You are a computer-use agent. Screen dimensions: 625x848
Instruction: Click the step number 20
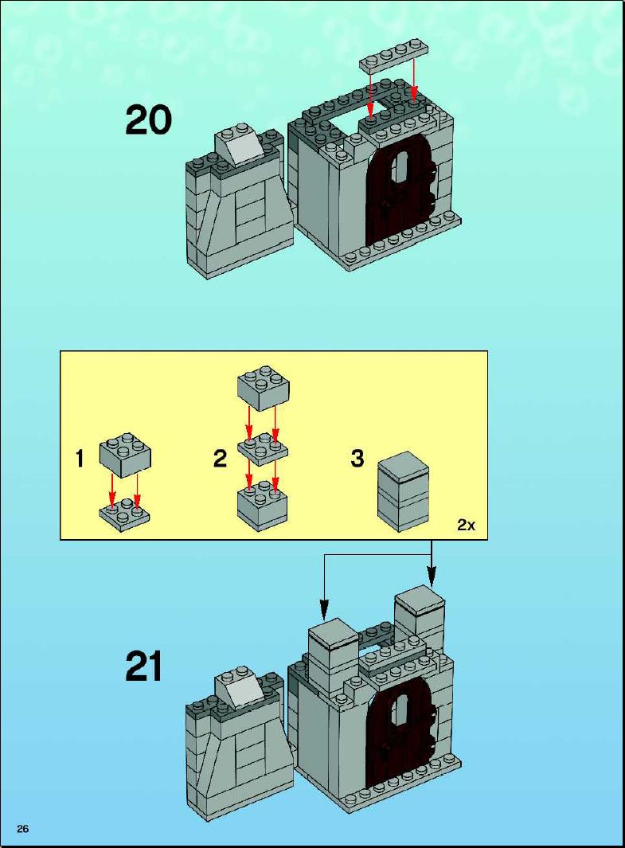pyautogui.click(x=149, y=120)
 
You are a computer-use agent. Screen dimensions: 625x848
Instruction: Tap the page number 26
pyautogui.click(x=23, y=829)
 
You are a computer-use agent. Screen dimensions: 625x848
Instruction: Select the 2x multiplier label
pyautogui.click(x=466, y=524)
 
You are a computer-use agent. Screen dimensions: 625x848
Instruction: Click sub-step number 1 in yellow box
pyautogui.click(x=80, y=459)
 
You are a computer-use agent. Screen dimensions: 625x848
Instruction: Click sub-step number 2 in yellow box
pyautogui.click(x=220, y=459)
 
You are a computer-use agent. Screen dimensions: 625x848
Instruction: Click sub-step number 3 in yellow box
pyautogui.click(x=357, y=459)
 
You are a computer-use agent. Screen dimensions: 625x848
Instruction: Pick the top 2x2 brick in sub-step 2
pyautogui.click(x=264, y=388)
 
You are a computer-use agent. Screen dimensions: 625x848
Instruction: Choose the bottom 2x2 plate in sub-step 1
pyautogui.click(x=124, y=514)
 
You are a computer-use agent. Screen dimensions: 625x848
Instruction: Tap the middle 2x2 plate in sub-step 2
pyautogui.click(x=264, y=449)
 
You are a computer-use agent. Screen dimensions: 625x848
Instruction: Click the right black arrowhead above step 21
pyautogui.click(x=431, y=576)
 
